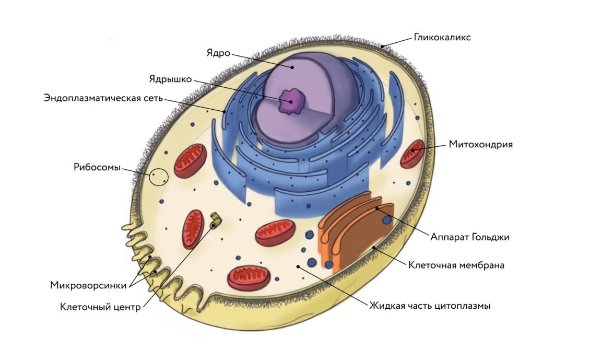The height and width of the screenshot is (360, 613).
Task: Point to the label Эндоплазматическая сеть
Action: click(104, 98)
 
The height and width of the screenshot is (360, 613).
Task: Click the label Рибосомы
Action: click(97, 168)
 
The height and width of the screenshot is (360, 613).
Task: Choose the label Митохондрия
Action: click(480, 144)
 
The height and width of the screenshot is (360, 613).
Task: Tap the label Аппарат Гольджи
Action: click(469, 237)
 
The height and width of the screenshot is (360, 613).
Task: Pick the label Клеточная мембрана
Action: click(456, 265)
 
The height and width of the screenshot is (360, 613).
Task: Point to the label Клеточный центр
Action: click(100, 307)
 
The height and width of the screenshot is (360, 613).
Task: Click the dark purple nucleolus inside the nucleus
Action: click(292, 101)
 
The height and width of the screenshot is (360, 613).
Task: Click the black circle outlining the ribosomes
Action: click(159, 178)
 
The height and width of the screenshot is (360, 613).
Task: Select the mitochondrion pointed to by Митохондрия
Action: click(411, 154)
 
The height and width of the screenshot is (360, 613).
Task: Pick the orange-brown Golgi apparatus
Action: click(355, 230)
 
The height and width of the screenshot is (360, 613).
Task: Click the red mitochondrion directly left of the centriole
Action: click(193, 229)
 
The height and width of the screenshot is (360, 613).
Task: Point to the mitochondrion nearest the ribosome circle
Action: click(190, 159)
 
